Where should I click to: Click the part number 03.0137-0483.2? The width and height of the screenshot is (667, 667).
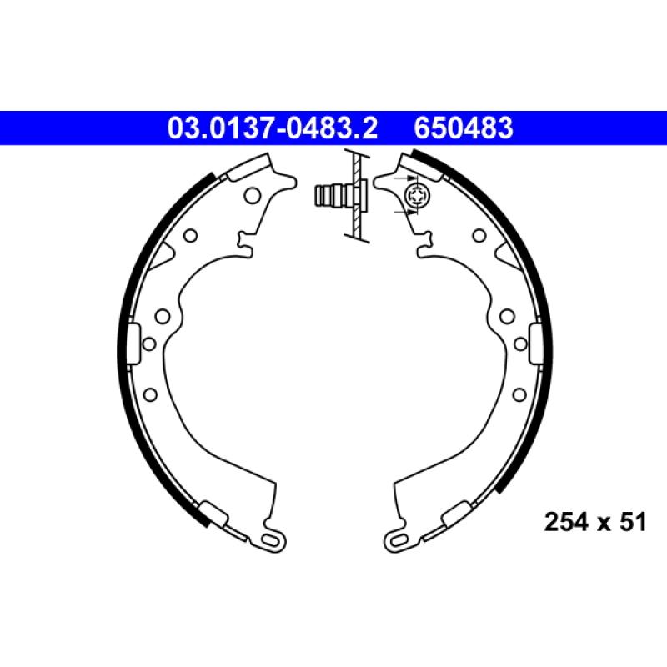pos(273,128)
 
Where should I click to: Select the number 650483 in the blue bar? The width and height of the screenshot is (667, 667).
pos(463,128)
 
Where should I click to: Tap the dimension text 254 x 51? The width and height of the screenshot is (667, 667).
pos(594,523)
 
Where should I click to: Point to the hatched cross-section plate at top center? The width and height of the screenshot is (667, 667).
pos(357,197)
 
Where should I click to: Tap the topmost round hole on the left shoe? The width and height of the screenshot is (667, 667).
pos(251,197)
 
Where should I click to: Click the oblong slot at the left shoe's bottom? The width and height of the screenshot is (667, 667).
pos(270,540)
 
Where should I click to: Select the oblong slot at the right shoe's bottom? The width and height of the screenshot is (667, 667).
pos(396,540)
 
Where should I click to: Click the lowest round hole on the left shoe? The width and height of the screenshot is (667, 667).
pos(150,394)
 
